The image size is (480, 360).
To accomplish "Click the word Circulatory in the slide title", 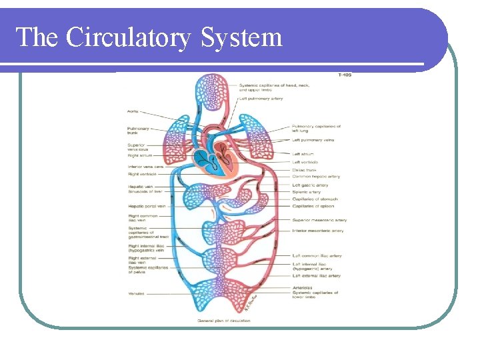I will coord(131,37).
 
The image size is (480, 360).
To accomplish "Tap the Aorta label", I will coord(133,111).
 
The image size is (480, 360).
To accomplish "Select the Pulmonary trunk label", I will coord(139,131).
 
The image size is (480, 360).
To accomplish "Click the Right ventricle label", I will coord(143,174).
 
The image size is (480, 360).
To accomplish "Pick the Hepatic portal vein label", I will coord(146,206).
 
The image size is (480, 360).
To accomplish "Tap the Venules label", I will coord(137,293).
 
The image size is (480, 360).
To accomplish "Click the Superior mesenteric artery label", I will coord(319,220).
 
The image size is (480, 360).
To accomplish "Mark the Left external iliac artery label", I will coord(316,275).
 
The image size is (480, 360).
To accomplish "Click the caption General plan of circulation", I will coord(224,321).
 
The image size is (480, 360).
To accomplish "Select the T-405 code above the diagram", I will coord(345,75).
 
